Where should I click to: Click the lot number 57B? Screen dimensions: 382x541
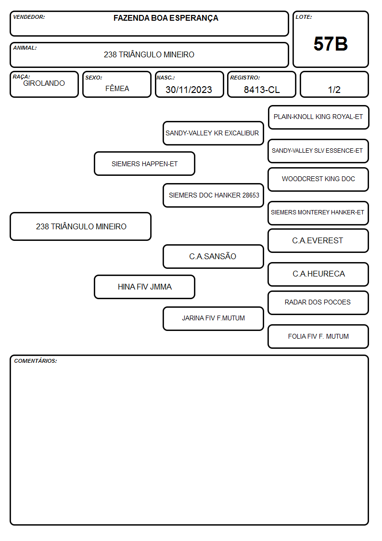pos(331,44)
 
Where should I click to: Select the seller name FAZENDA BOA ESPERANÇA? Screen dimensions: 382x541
pos(166,18)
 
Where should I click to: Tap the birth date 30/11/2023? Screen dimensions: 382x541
pos(189,90)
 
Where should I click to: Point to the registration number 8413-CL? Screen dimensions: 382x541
pos(262,90)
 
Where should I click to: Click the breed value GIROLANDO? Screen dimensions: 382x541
pos(44,83)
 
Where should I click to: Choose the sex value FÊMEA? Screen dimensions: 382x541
pos(117,88)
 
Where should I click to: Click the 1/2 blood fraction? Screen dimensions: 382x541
pos(334,90)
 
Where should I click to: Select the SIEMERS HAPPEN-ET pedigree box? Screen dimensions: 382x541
pos(145,164)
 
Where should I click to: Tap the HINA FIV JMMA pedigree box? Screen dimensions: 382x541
pos(145,287)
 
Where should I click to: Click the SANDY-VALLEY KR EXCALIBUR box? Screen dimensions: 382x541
pos(213,133)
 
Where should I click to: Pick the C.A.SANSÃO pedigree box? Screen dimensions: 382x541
pos(213,256)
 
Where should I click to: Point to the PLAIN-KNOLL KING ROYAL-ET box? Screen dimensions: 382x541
pos(318,118)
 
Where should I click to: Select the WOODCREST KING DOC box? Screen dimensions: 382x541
pos(318,179)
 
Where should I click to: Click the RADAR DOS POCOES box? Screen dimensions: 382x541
pos(318,303)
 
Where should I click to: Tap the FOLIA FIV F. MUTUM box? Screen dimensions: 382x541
pos(318,336)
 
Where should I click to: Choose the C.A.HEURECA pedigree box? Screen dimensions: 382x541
pos(318,274)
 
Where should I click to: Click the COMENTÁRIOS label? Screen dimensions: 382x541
pos(36,361)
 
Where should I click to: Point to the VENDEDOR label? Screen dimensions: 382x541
pos(29,17)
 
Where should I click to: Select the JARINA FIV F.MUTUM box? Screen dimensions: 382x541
pos(213,318)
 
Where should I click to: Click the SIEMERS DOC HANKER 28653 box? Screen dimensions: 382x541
pos(213,195)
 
